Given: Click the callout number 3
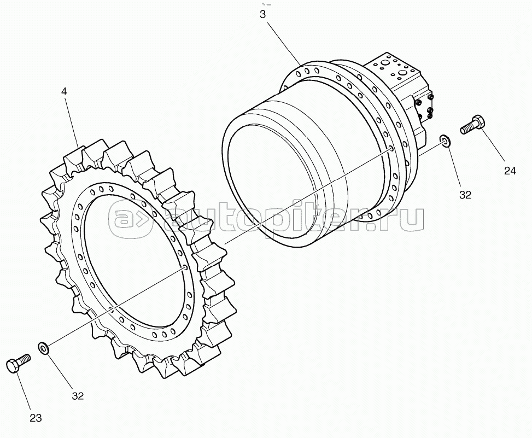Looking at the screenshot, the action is tap(263, 14).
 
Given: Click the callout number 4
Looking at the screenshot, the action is tap(64, 91).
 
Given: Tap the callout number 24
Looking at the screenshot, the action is tap(510, 171).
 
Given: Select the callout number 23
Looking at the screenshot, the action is tap(36, 418).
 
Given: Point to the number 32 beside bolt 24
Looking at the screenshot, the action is tap(465, 195).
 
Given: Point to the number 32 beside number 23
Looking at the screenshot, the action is tap(78, 396).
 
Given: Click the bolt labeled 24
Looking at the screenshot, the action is tap(472, 125).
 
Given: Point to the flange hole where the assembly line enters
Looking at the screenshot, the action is tap(391, 149).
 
